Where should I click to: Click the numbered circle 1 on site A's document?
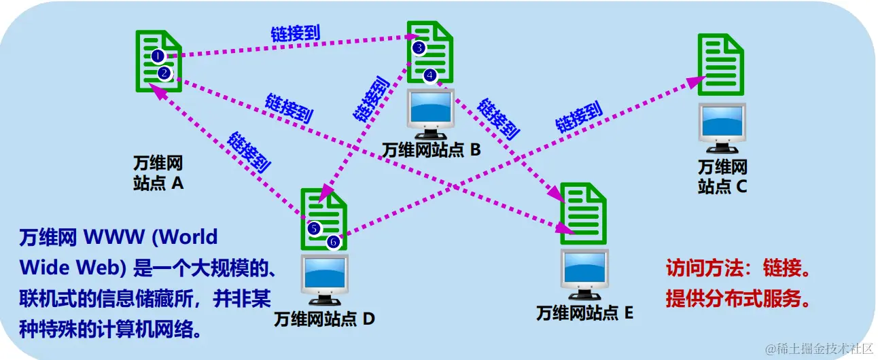click(157, 55)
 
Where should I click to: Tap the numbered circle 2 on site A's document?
click(164, 73)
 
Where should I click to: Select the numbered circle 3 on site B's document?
click(419, 48)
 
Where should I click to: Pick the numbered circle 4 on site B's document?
click(429, 75)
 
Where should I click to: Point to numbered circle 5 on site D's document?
click(314, 228)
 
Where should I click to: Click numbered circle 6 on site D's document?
click(333, 241)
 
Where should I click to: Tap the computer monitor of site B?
click(431, 111)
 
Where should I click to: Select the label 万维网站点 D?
click(324, 319)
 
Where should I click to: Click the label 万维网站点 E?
click(584, 313)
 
